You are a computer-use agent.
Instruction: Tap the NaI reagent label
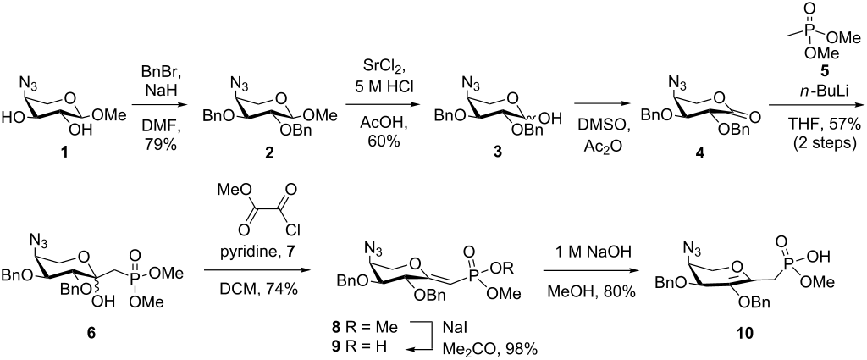click(x=456, y=335)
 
